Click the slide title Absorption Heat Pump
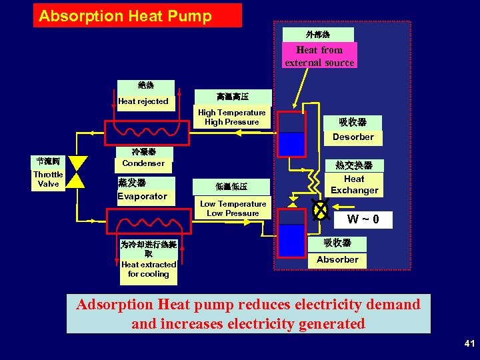(125, 16)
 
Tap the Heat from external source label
(319, 56)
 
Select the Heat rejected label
(143, 101)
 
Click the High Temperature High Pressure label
(231, 117)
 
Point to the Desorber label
(353, 137)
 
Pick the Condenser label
(143, 163)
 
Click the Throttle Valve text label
(48, 179)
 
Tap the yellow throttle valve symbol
(79, 171)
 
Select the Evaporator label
(142, 196)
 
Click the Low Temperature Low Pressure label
(233, 209)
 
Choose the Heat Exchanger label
(354, 185)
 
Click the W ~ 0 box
(363, 219)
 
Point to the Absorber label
(337, 259)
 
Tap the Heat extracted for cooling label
(149, 269)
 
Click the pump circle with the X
(321, 209)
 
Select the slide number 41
(469, 343)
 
